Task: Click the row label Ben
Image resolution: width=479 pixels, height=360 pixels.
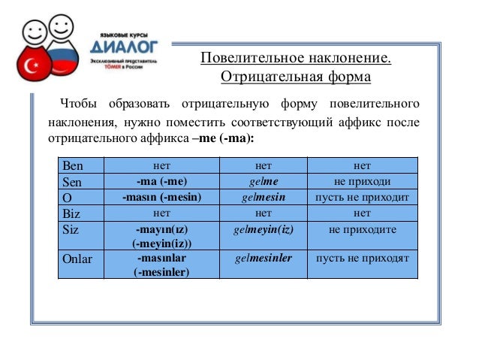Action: click(x=73, y=166)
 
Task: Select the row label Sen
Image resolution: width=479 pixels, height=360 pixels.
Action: click(x=72, y=182)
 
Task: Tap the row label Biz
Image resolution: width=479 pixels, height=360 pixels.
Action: click(x=71, y=213)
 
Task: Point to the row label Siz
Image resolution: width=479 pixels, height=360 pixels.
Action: click(x=71, y=229)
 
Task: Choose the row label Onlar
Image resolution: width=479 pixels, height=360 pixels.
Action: click(x=77, y=259)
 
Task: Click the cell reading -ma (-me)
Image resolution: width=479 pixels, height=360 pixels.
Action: click(x=161, y=182)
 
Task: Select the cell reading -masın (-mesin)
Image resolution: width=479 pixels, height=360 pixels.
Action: click(x=161, y=198)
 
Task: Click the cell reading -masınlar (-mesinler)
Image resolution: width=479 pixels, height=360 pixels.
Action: click(x=161, y=265)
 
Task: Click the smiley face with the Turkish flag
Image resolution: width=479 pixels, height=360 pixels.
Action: click(x=33, y=56)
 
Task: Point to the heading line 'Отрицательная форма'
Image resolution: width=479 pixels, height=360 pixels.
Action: click(x=295, y=77)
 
